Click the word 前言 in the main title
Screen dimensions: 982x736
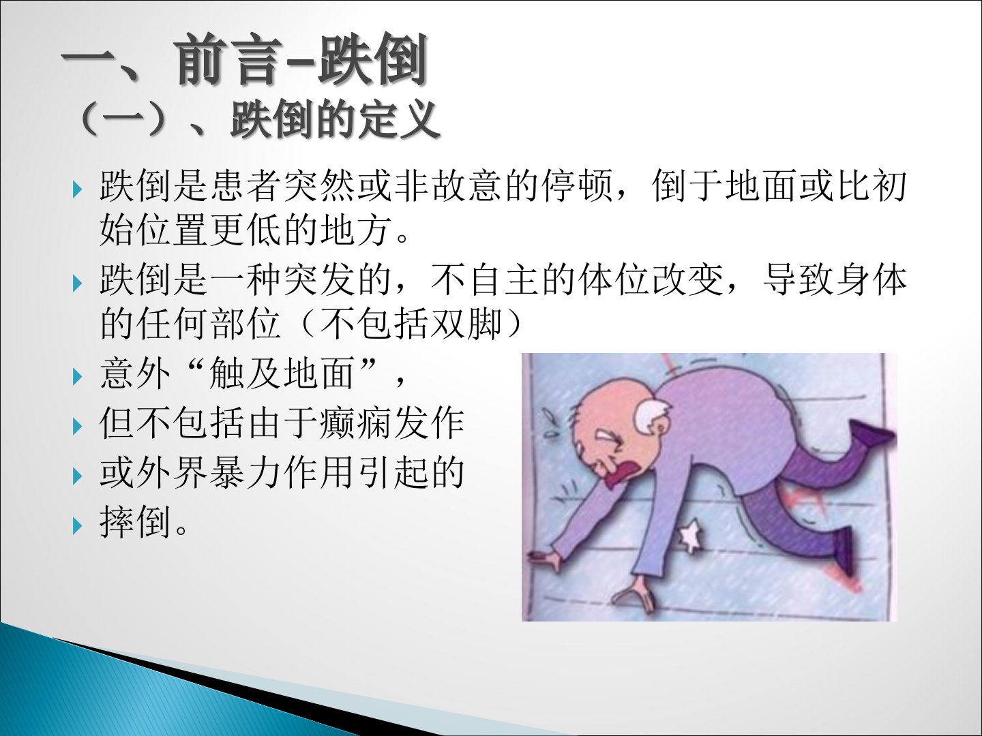coord(228,61)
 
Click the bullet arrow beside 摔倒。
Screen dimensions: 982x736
coord(77,526)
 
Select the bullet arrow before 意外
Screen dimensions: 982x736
coord(77,377)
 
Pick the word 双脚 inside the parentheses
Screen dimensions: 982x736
coord(465,324)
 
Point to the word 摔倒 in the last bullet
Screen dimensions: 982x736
coord(136,523)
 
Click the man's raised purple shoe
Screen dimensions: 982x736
coord(872,433)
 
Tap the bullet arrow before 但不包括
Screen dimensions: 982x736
coord(77,427)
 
